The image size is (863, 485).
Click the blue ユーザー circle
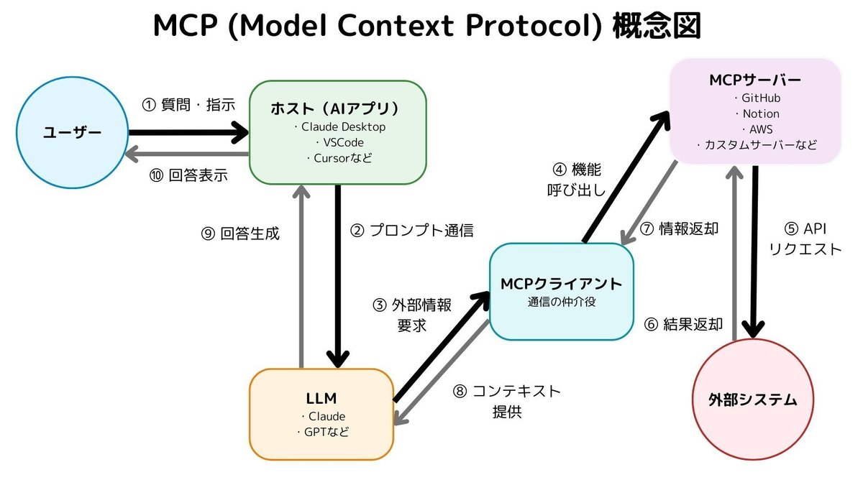[72, 133]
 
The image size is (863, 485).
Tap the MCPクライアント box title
[561, 282]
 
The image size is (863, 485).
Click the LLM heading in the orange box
[321, 398]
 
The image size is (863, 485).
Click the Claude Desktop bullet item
[339, 127]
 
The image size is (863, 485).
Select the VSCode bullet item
[339, 142]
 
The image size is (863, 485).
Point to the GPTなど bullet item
[322, 432]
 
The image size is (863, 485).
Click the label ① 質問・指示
[188, 104]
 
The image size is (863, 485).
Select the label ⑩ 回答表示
[188, 175]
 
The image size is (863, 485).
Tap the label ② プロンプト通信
[411, 231]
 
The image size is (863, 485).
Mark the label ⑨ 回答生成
[240, 234]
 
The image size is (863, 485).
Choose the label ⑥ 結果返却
[683, 323]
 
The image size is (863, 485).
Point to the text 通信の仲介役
[561, 302]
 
